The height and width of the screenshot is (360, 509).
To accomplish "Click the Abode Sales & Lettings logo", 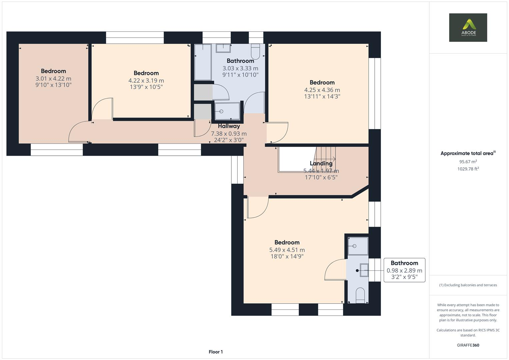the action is [x=468, y=27].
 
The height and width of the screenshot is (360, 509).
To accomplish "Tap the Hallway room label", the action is [x=229, y=126].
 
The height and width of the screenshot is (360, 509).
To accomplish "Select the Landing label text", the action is [x=321, y=163].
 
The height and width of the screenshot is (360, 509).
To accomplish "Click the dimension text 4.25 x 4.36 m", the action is [x=322, y=90].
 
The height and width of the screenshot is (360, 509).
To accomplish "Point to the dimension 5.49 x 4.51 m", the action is [x=287, y=250].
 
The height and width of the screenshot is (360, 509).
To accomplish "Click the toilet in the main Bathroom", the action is [x=255, y=52].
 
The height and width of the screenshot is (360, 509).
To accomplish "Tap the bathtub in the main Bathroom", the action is [x=203, y=62].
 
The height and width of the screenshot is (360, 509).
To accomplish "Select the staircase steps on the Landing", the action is [x=325, y=159].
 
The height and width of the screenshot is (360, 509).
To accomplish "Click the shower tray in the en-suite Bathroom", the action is [x=358, y=246].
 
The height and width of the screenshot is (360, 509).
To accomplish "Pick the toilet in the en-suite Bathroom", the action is [x=360, y=295].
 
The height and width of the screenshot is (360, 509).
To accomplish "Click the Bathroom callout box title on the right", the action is [x=404, y=263].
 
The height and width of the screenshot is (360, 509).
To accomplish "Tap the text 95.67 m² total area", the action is [x=468, y=162].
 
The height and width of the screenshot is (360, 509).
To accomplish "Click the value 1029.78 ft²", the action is [x=468, y=169].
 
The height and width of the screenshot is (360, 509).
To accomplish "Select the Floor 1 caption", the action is [x=216, y=352].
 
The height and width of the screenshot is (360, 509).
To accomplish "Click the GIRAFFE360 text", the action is [x=468, y=345].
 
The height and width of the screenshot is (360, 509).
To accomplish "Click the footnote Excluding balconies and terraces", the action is [x=468, y=285].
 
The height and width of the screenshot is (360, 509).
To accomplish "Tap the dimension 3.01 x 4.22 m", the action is [x=53, y=79].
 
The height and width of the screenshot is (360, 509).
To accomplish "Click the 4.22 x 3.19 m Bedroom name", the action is [x=146, y=73].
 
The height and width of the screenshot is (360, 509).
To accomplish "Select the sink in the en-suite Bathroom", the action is [x=364, y=270].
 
